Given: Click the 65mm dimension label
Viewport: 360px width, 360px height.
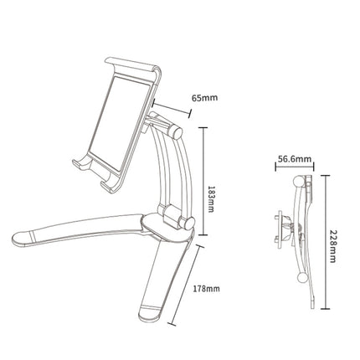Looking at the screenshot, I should pos(204,97).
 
